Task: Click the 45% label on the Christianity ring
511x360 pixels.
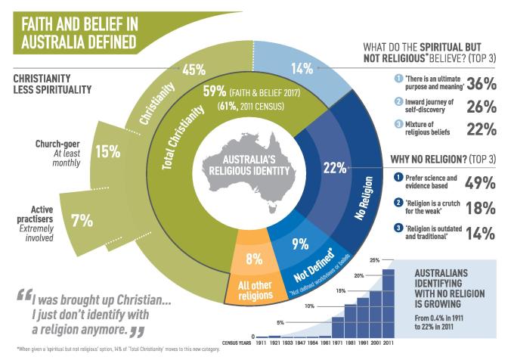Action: click(x=194, y=70)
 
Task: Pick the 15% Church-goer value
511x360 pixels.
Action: click(x=108, y=151)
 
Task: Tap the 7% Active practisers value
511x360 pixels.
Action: click(x=82, y=221)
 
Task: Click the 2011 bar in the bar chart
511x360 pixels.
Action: click(x=389, y=303)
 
